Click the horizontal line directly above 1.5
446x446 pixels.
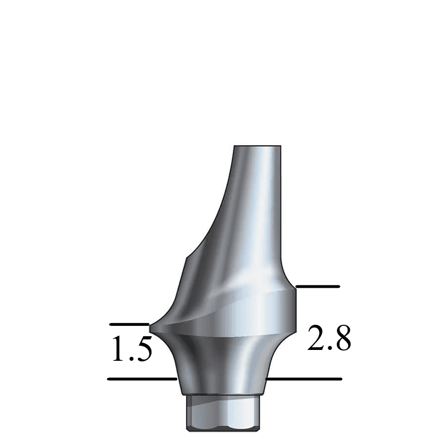pyautogui.click(x=129, y=324)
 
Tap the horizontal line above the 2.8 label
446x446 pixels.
pyautogui.click(x=317, y=286)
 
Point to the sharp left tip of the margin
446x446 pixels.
pyautogui.click(x=150, y=327)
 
